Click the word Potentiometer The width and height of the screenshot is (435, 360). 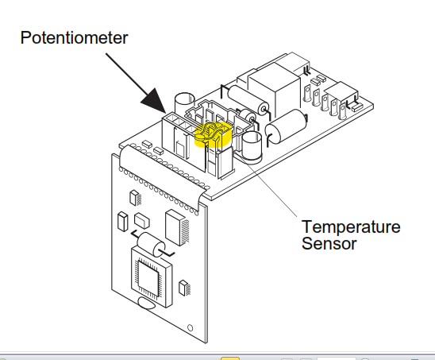[x=74, y=38]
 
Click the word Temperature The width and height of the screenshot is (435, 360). [x=351, y=227]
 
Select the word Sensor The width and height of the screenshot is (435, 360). [x=329, y=244]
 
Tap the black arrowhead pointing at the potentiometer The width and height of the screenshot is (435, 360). [x=155, y=102]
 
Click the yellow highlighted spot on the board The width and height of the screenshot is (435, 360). [x=213, y=134]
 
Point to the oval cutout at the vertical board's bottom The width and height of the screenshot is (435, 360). [x=147, y=304]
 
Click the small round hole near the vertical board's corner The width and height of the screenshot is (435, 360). [x=190, y=327]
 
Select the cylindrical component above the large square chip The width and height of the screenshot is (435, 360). [x=151, y=245]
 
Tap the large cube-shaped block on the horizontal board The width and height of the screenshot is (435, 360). [x=274, y=89]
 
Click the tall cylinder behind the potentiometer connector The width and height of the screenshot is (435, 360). [x=184, y=103]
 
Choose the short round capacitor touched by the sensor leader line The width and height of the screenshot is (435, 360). [x=252, y=147]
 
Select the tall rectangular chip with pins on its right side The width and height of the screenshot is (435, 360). [x=177, y=228]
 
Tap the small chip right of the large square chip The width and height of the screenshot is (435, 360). [x=184, y=288]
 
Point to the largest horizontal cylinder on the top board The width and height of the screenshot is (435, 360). [x=286, y=126]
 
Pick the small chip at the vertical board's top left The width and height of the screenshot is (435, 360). [x=135, y=198]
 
